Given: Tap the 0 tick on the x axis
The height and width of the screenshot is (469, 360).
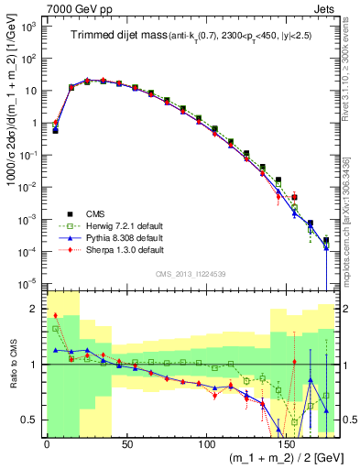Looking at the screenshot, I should coord(47,441).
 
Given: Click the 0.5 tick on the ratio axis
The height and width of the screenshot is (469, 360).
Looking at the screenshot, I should coord(32,420).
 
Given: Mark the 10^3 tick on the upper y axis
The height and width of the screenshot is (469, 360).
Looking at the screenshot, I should coord(29,28).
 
